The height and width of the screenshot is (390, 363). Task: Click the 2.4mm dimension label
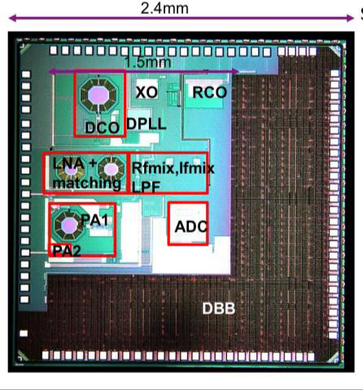(x=164, y=8)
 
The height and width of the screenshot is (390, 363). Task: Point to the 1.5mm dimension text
(x=148, y=62)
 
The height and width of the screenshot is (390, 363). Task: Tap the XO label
(x=147, y=93)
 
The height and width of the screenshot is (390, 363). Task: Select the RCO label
(x=209, y=93)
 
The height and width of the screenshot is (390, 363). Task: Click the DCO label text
(x=102, y=128)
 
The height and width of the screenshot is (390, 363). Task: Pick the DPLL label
(x=147, y=124)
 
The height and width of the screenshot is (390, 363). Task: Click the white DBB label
(x=219, y=309)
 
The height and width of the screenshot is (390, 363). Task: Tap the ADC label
(x=191, y=227)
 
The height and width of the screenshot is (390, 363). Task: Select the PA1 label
(x=94, y=219)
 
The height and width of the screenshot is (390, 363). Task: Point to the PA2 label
(x=67, y=251)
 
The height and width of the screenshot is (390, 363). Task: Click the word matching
(x=87, y=183)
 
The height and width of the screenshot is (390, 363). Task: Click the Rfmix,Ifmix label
(x=173, y=168)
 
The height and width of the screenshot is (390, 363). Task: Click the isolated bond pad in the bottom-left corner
(x=24, y=333)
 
